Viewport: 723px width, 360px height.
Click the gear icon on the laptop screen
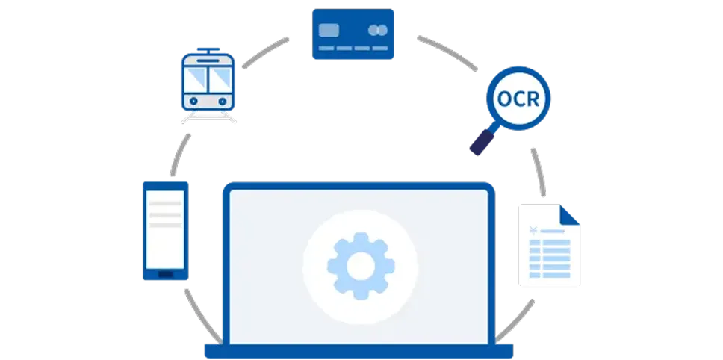[x=360, y=264]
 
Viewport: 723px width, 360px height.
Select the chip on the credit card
[x=328, y=30]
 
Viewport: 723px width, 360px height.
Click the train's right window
[x=221, y=75]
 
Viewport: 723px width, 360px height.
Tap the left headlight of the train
[x=193, y=99]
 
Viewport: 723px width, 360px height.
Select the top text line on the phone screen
[x=166, y=203]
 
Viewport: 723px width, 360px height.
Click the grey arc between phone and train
[x=179, y=155]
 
